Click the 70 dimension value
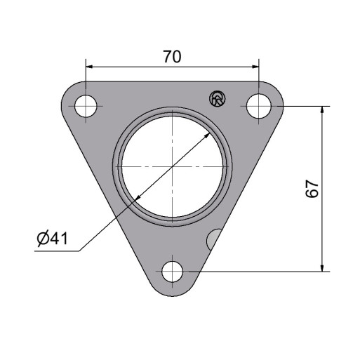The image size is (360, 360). [172, 57]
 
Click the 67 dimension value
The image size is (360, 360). [312, 189]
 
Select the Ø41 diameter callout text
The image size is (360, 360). [53, 239]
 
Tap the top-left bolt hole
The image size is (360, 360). [86, 106]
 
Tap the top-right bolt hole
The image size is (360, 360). [259, 106]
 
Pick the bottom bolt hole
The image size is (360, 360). [173, 272]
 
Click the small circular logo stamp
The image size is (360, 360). [218, 98]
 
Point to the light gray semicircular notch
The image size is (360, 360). [213, 239]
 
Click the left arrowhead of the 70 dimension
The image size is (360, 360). [89, 67]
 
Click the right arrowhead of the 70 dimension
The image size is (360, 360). [255, 67]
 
